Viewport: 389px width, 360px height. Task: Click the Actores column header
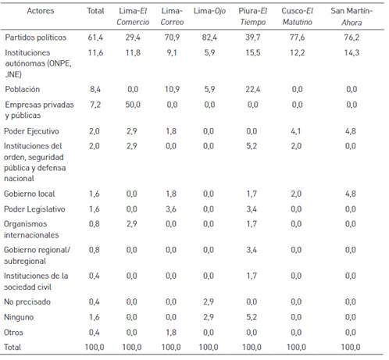point(41,11)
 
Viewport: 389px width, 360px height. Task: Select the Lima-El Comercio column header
point(133,16)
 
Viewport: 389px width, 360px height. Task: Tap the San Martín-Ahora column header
point(352,16)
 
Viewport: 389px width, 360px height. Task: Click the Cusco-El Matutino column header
point(298,16)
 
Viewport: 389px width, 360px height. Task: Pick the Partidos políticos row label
point(36,37)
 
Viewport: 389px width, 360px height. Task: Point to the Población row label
point(23,89)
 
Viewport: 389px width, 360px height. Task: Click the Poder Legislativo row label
point(34,209)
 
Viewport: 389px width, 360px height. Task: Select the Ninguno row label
point(19,317)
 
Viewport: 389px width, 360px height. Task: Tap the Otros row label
point(13,333)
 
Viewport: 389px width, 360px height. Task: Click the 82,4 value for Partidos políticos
point(209,37)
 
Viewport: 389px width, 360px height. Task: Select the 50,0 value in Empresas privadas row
point(133,105)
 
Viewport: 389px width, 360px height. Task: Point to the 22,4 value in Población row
point(252,89)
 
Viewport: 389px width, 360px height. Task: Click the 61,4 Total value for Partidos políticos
point(95,37)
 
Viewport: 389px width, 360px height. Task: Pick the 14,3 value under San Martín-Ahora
point(352,52)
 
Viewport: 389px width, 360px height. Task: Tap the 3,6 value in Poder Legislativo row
point(171,209)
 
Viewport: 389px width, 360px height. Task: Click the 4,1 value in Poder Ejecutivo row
point(296,131)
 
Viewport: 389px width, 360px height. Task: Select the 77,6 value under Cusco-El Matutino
point(297,37)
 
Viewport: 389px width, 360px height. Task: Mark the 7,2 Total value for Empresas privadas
point(95,105)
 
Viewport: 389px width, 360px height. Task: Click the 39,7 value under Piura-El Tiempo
point(252,37)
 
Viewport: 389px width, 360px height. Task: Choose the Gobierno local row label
point(30,194)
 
